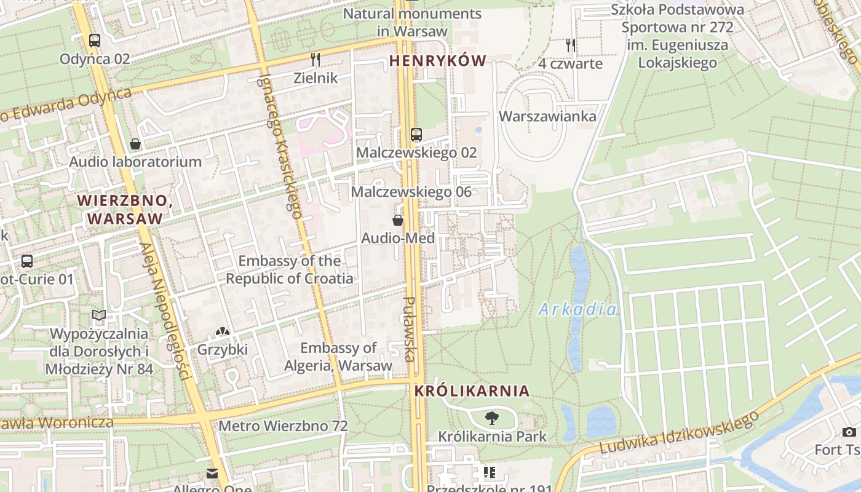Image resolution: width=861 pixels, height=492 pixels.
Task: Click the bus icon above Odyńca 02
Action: (94, 41)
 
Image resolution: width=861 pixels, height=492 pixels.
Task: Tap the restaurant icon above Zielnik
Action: (315, 60)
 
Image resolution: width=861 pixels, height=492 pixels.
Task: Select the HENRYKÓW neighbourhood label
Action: (437, 60)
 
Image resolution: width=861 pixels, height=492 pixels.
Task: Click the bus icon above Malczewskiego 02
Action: (416, 134)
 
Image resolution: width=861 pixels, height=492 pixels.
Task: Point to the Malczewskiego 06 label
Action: (411, 192)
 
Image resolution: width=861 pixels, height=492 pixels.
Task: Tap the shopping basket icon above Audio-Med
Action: (398, 220)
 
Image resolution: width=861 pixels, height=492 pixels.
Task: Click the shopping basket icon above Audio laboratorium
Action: (135, 144)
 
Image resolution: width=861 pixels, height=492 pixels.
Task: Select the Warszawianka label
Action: (547, 116)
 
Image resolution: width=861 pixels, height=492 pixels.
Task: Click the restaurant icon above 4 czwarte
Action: (571, 45)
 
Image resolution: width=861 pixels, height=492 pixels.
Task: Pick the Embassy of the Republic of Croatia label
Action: (290, 269)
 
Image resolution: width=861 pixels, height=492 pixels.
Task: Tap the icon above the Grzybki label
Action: (222, 332)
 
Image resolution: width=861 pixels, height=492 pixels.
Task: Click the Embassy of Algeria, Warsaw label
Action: (338, 357)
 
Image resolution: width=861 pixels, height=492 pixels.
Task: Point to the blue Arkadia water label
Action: (577, 309)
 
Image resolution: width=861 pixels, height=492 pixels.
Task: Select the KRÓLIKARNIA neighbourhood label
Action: (472, 391)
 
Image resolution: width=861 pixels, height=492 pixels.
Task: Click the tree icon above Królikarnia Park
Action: (491, 419)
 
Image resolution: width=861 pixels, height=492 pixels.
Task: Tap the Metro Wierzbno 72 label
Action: (283, 426)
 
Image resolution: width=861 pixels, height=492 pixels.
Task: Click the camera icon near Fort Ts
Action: (849, 432)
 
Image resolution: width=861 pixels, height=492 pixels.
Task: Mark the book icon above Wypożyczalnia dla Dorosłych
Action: (99, 315)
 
